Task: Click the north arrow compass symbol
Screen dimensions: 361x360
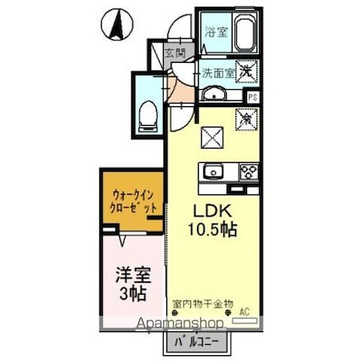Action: pos(117,25)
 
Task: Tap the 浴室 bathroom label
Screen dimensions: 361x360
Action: pos(216,32)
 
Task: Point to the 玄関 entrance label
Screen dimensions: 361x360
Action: pos(174,53)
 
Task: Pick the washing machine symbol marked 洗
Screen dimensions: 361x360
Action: pos(245,73)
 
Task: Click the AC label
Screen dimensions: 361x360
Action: pos(245,310)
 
